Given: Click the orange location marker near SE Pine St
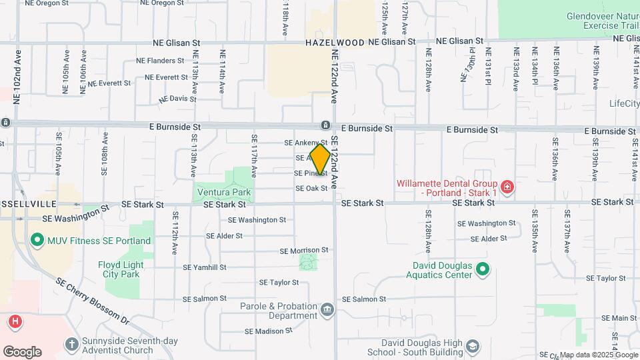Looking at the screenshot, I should tap(320, 159).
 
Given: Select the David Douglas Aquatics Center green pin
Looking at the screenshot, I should tap(483, 270).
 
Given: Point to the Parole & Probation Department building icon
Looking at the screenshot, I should tap(327, 309).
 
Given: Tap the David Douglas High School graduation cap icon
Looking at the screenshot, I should tap(473, 347).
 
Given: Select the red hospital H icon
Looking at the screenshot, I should tap(15, 323).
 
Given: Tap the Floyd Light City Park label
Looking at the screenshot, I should tap(121, 269).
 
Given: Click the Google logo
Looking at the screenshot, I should tap(22, 351).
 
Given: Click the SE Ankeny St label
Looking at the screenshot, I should tap(305, 143).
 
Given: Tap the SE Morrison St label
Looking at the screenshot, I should tap(304, 251).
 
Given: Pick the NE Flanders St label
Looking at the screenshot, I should tap(155, 61).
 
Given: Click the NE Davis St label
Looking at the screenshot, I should tap(178, 99).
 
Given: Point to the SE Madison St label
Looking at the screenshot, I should tap(269, 331).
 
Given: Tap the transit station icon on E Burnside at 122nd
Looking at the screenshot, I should tap(325, 125).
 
